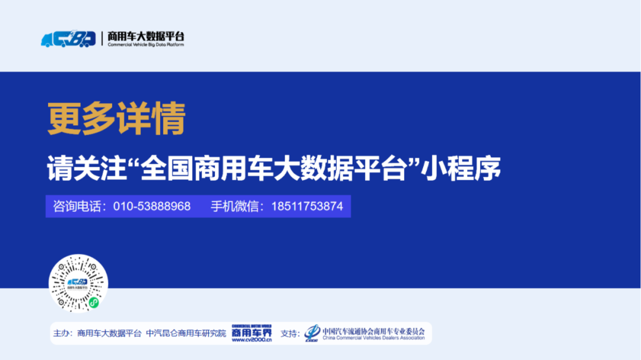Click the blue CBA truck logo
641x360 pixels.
pyautogui.click(x=68, y=39)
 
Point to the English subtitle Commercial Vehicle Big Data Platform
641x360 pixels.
pyautogui.click(x=145, y=45)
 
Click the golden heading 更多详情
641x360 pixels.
pyautogui.click(x=116, y=119)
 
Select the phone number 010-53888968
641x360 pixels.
pyautogui.click(x=152, y=206)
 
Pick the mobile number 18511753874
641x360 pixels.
pyautogui.click(x=307, y=206)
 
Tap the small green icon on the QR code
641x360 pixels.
pyautogui.click(x=93, y=302)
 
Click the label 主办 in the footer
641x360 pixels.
pyautogui.click(x=62, y=333)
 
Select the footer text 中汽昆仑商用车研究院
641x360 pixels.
pyautogui.click(x=186, y=333)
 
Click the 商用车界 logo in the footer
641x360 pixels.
pyautogui.click(x=251, y=332)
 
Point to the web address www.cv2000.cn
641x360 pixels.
pyautogui.click(x=251, y=340)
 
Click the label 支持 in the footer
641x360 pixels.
pyautogui.click(x=290, y=333)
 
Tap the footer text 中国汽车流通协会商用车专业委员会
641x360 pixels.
pyautogui.click(x=373, y=330)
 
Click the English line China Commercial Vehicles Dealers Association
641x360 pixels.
pyautogui.click(x=373, y=338)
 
